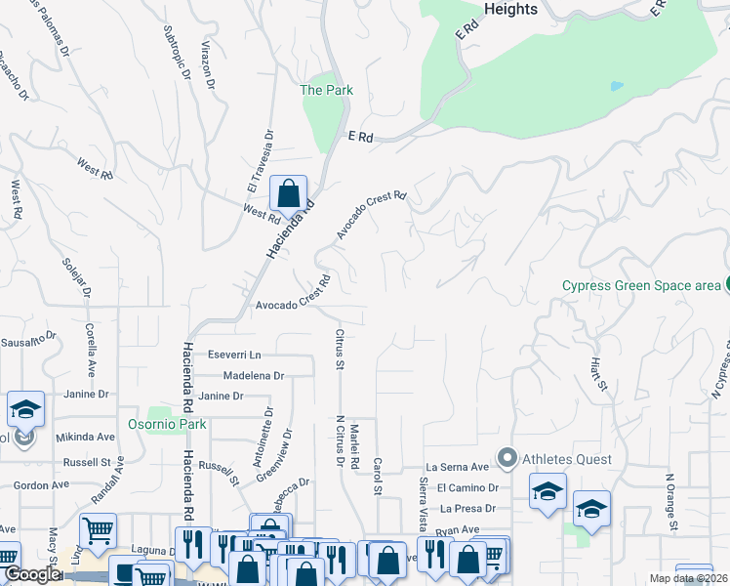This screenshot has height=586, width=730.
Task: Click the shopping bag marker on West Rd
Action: tap(288, 194)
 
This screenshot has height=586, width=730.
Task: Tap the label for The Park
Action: tap(326, 90)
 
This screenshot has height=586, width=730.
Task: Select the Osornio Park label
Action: tap(167, 425)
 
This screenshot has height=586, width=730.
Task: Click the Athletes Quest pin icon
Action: tap(507, 458)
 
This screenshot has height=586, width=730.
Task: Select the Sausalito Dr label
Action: tap(30, 342)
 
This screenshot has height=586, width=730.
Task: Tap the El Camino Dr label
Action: tap(467, 487)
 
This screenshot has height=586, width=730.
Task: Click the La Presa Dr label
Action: tap(469, 508)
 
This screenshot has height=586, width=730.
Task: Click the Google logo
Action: tap(32, 574)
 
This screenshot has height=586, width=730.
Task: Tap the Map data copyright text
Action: tap(689, 578)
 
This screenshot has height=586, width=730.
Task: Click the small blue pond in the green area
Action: tap(616, 86)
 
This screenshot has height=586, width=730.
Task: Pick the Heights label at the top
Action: tap(510, 9)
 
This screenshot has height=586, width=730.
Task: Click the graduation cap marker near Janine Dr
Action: tap(25, 410)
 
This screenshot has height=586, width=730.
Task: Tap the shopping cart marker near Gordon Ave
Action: tap(98, 532)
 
